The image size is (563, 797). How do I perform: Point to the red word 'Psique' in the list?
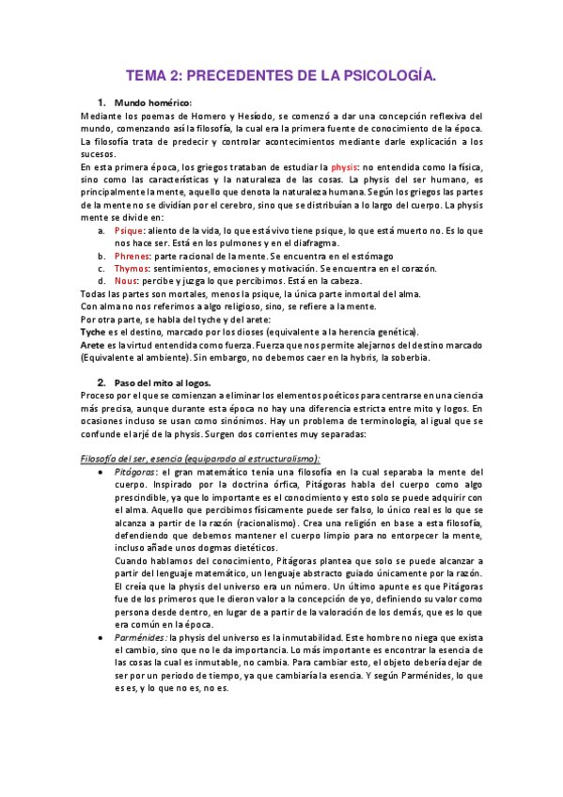(x=129, y=230)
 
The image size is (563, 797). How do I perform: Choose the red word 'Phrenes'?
(x=133, y=256)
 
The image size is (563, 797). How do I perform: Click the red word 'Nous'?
(x=126, y=280)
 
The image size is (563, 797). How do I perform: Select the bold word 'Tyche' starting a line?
(x=93, y=332)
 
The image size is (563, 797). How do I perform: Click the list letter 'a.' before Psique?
(x=102, y=230)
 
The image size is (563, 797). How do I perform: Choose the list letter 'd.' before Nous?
(x=102, y=280)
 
